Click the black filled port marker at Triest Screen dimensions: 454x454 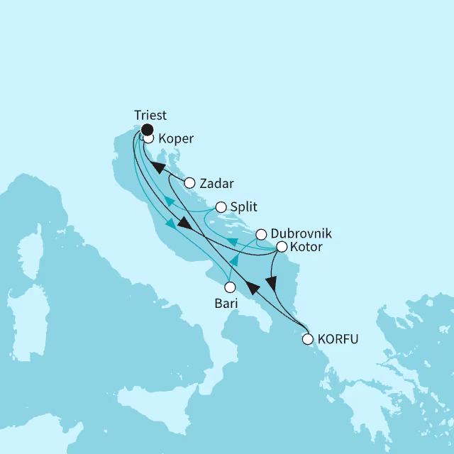coord(147,129)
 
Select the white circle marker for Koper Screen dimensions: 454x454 coord(149,139)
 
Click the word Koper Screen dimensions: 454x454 coord(176,139)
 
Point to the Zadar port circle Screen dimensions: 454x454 coord(189,183)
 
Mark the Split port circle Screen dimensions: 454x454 coord(221,208)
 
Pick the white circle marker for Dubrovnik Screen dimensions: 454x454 coord(261,234)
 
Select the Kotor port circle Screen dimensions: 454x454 coord(281,248)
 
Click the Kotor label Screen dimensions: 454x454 coord(306,248)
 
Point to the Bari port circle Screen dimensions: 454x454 coord(230,287)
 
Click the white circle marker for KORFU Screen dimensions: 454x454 coord(307,339)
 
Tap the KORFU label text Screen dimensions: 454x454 coord(338,339)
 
